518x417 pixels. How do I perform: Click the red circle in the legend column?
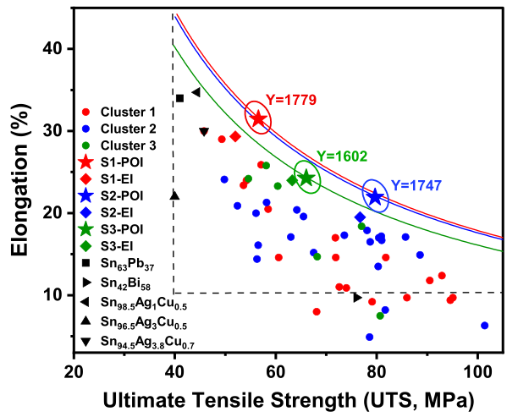tap(85, 112)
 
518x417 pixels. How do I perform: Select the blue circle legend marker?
tap(85, 129)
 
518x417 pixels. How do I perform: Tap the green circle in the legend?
tap(85, 145)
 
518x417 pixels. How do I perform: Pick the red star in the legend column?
tap(85, 162)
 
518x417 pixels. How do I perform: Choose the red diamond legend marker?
tap(85, 178)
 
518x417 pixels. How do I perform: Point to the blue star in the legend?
tap(85, 195)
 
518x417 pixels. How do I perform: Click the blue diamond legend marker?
tap(85, 212)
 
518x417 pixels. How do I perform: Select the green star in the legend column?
tap(85, 228)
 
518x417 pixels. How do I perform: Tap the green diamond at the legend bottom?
tap(85, 245)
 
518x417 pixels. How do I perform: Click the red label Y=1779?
tap(291, 100)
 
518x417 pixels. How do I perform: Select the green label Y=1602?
tap(342, 156)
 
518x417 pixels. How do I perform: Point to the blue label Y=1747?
tap(416, 186)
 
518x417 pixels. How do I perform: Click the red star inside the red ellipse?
tap(258, 118)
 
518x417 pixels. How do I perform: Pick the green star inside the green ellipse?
tap(307, 177)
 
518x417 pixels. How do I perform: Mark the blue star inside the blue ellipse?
tap(375, 196)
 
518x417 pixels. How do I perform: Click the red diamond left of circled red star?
tap(235, 136)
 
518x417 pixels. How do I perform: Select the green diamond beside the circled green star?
tap(292, 180)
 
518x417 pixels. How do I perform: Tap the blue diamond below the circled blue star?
tap(361, 217)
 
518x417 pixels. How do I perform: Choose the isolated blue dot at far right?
tap(484, 325)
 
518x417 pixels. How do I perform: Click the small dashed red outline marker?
tap(204, 131)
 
